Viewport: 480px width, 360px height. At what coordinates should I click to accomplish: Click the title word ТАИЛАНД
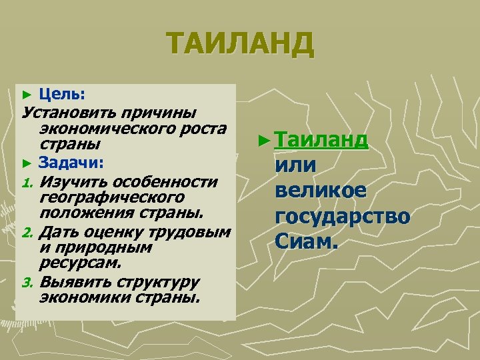click(x=240, y=45)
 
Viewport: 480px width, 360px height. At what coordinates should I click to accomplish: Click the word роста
click(x=203, y=127)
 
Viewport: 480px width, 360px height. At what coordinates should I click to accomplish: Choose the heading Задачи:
click(x=70, y=162)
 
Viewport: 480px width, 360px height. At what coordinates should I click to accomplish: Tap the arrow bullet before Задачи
click(x=27, y=163)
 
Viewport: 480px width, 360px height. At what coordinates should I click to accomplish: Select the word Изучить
click(x=73, y=181)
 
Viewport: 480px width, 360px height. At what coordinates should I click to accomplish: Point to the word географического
click(x=111, y=198)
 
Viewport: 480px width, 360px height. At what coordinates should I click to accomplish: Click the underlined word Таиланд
click(x=321, y=140)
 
